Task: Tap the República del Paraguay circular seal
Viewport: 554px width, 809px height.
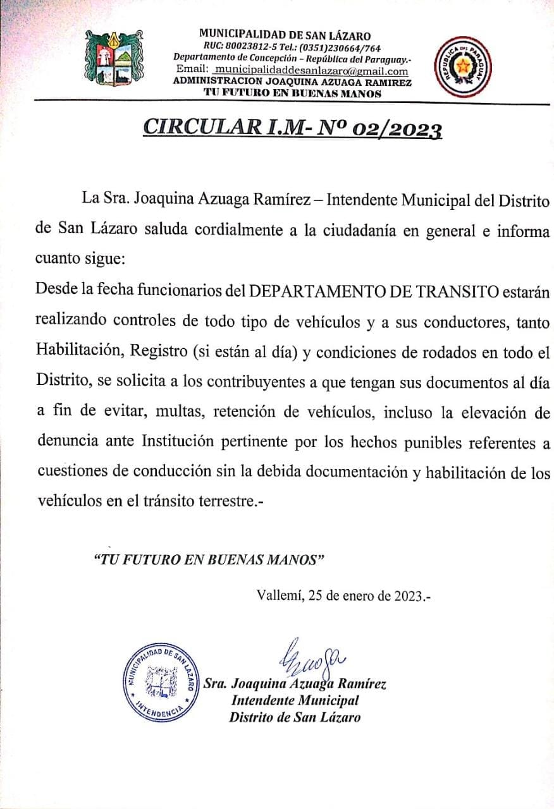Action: pos(463,66)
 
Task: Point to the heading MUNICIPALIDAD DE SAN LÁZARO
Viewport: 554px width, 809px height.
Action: pos(285,36)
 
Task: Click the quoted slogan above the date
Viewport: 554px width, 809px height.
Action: pos(209,560)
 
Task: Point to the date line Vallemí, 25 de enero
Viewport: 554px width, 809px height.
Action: pos(343,595)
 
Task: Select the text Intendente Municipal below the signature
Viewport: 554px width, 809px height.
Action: pos(295,700)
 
